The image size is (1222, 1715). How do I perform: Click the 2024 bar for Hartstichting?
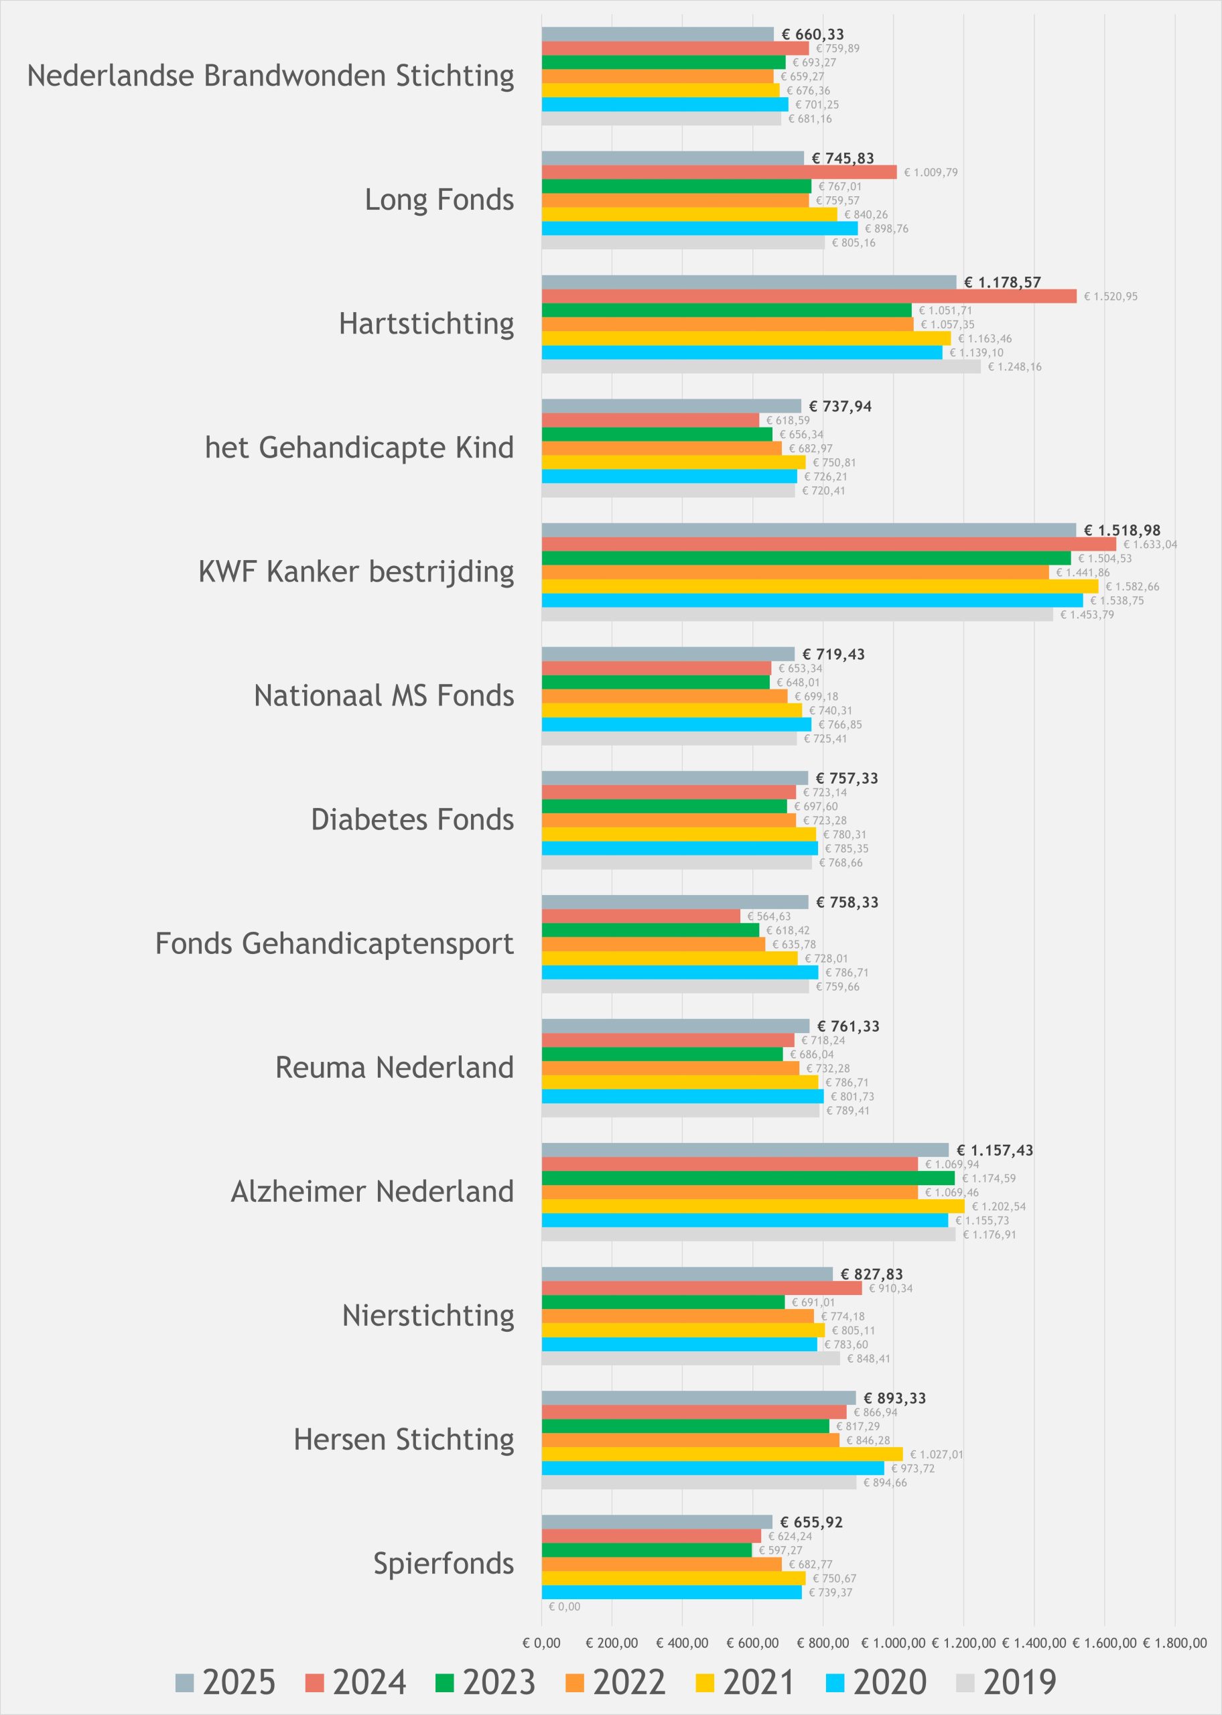pyautogui.click(x=809, y=295)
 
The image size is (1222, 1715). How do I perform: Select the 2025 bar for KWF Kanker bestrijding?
pyautogui.click(x=809, y=529)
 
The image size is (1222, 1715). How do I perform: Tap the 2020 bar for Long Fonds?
pyautogui.click(x=700, y=228)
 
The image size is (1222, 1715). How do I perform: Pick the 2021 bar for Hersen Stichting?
pyautogui.click(x=722, y=1454)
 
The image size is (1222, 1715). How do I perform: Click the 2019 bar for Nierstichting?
pyautogui.click(x=691, y=1359)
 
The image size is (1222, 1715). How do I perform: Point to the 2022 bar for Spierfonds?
pyautogui.click(x=661, y=1564)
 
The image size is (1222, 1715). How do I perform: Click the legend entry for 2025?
pyautogui.click(x=226, y=1682)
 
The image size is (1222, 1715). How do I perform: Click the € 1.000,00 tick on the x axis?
pyautogui.click(x=893, y=1643)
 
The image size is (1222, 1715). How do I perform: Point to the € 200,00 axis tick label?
pyautogui.click(x=612, y=1643)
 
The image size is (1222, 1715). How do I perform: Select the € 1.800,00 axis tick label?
pyautogui.click(x=1174, y=1643)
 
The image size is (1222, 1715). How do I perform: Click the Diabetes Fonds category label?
pyautogui.click(x=412, y=819)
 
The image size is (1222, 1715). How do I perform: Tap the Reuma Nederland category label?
pyautogui.click(x=395, y=1067)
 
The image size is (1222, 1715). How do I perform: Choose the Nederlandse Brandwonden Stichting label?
pyautogui.click(x=271, y=76)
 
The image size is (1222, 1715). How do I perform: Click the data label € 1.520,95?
pyautogui.click(x=1111, y=296)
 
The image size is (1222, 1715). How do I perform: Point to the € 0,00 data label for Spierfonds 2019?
pyautogui.click(x=564, y=1606)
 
